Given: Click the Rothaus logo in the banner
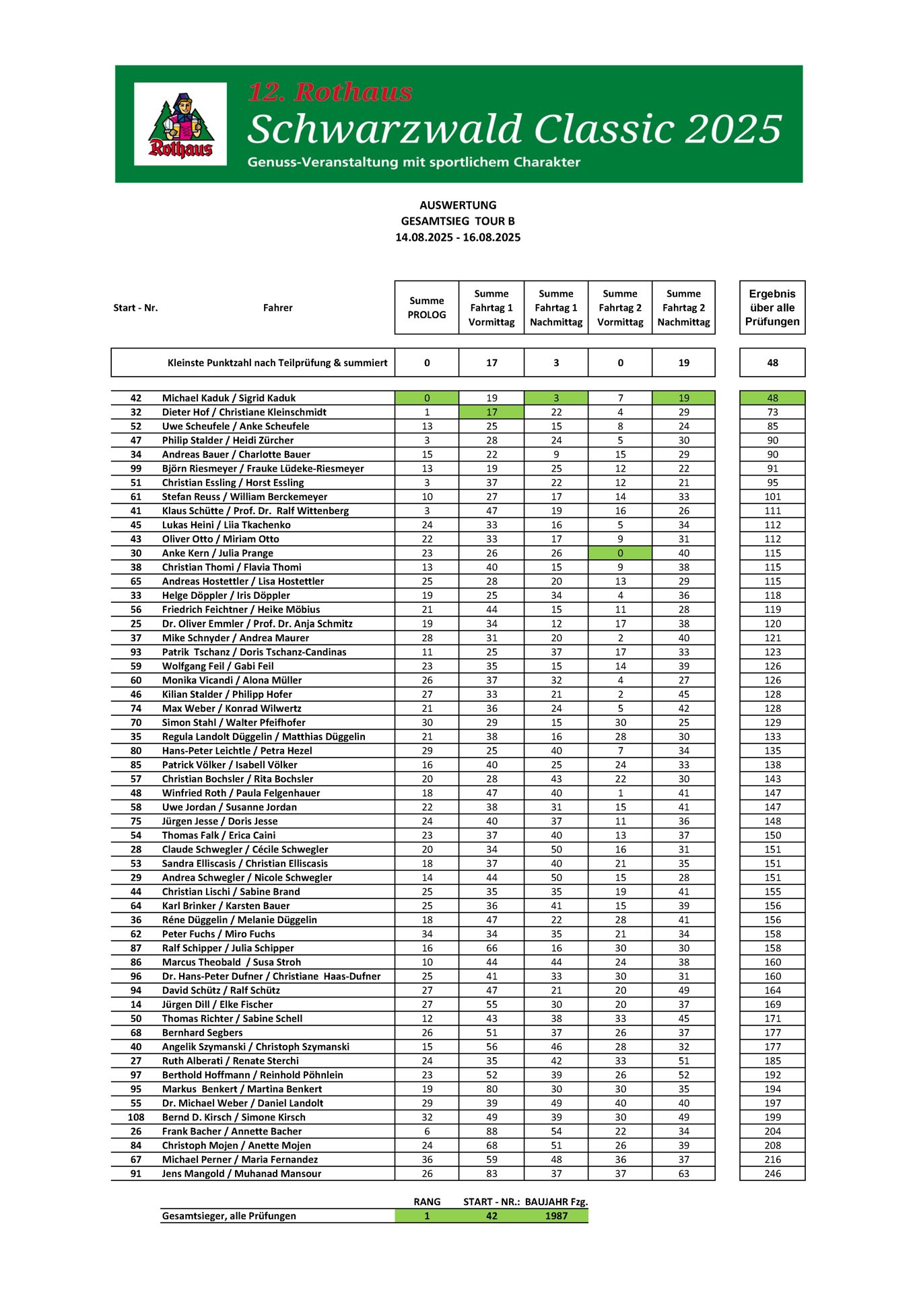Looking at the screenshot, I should pyautogui.click(x=180, y=124).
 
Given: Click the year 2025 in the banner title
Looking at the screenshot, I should pyautogui.click(x=733, y=129).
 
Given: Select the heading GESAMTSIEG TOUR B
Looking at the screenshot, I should pyautogui.click(x=458, y=221).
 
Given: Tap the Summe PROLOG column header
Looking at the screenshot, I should pyautogui.click(x=427, y=308).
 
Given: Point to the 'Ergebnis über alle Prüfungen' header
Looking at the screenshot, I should pyautogui.click(x=772, y=308).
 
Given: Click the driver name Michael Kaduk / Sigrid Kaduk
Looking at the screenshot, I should pyautogui.click(x=229, y=398).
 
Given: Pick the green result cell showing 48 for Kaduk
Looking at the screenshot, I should pyautogui.click(x=772, y=398).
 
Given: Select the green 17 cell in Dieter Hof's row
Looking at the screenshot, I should pyautogui.click(x=491, y=412).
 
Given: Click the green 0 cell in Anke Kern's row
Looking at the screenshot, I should pyautogui.click(x=620, y=553).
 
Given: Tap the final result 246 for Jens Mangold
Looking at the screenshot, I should pyautogui.click(x=772, y=1174).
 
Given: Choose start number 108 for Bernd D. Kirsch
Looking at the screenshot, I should pyautogui.click(x=136, y=1117).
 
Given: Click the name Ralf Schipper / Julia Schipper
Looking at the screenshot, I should pyautogui.click(x=228, y=948).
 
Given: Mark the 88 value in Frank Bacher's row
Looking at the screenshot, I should pyautogui.click(x=491, y=1131).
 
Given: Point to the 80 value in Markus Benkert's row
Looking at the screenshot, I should pyautogui.click(x=491, y=1089).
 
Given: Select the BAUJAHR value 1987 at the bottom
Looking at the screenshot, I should pyautogui.click(x=556, y=1216).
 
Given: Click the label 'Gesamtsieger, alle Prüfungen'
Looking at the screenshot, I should pyautogui.click(x=229, y=1216).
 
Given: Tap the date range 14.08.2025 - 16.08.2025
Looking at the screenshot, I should pyautogui.click(x=458, y=238).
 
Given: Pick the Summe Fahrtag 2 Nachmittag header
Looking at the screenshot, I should pyautogui.click(x=683, y=308).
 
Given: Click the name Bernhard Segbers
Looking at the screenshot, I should pyautogui.click(x=202, y=1032).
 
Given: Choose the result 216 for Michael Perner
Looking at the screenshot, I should pyautogui.click(x=772, y=1159).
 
